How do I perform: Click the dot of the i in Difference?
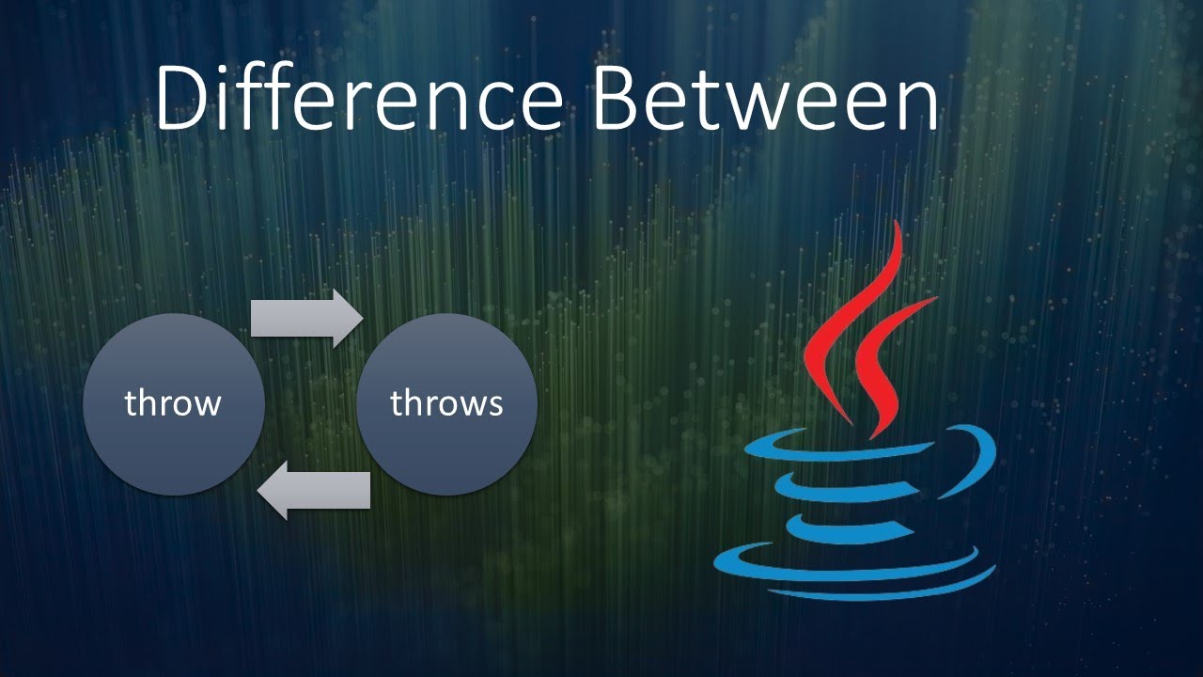coord(245,68)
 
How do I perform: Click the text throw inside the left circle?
coord(173,403)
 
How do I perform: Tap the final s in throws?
coord(494,406)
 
